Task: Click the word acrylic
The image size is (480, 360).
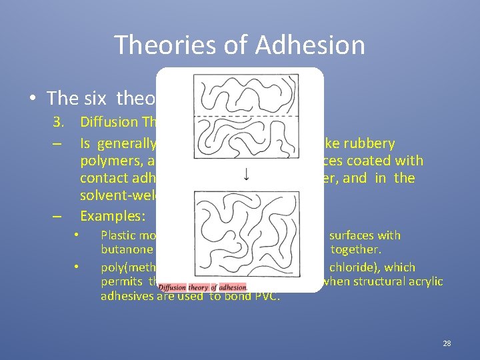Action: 425,281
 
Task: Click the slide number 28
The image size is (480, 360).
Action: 447,343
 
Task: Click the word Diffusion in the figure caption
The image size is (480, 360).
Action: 173,287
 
